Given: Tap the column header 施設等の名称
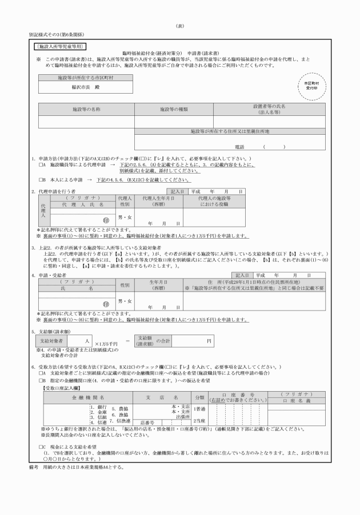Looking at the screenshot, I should click(x=86, y=108).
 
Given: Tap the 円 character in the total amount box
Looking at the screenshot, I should click(x=209, y=340).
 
